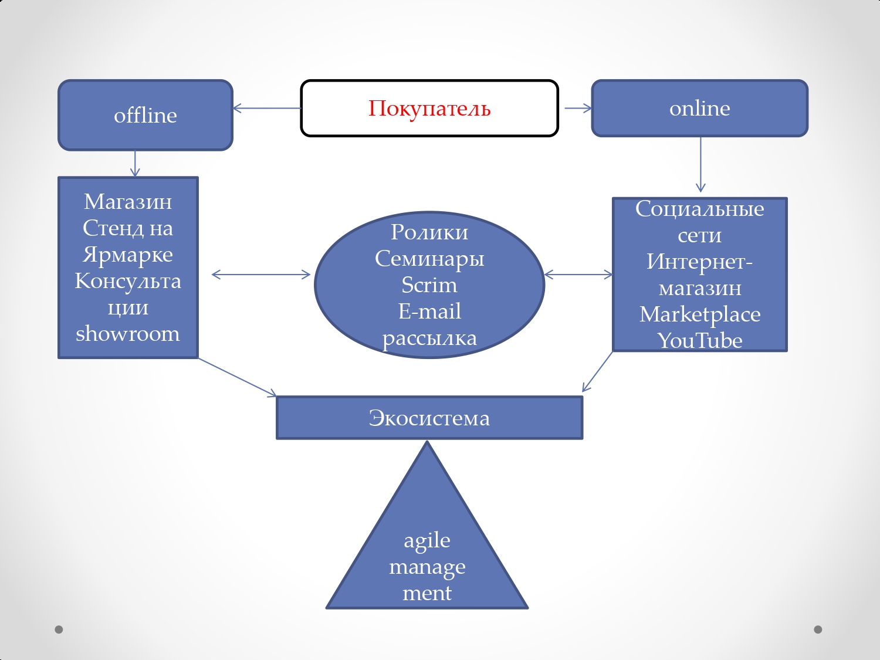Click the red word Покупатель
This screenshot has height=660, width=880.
pyautogui.click(x=429, y=109)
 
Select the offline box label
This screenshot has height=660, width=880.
pyautogui.click(x=145, y=116)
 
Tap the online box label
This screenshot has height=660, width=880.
pyautogui.click(x=700, y=109)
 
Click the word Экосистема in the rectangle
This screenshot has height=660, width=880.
pyautogui.click(x=429, y=418)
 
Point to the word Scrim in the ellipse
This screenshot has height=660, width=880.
pyautogui.click(x=429, y=285)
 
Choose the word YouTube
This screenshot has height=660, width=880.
pyautogui.click(x=700, y=341)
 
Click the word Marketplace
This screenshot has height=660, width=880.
pyautogui.click(x=700, y=314)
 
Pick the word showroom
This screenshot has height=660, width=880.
pyautogui.click(x=128, y=334)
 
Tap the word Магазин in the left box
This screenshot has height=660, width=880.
pyautogui.click(x=128, y=202)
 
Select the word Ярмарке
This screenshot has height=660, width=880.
pyautogui.click(x=128, y=255)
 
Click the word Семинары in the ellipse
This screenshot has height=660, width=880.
pyautogui.click(x=429, y=259)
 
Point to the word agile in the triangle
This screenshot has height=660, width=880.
pyautogui.click(x=427, y=540)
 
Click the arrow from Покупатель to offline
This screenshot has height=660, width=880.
pyautogui.click(x=267, y=108)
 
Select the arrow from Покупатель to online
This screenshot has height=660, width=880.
pyautogui.click(x=578, y=108)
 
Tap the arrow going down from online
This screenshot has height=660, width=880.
pyautogui.click(x=700, y=164)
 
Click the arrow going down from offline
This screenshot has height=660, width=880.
pyautogui.click(x=135, y=163)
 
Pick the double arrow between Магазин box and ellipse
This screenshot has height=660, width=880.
pyautogui.click(x=261, y=274)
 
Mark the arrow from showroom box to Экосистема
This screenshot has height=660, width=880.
pyautogui.click(x=238, y=377)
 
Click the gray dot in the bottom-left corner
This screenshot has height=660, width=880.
pyautogui.click(x=59, y=629)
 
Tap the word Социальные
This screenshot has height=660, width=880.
pyautogui.click(x=700, y=209)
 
